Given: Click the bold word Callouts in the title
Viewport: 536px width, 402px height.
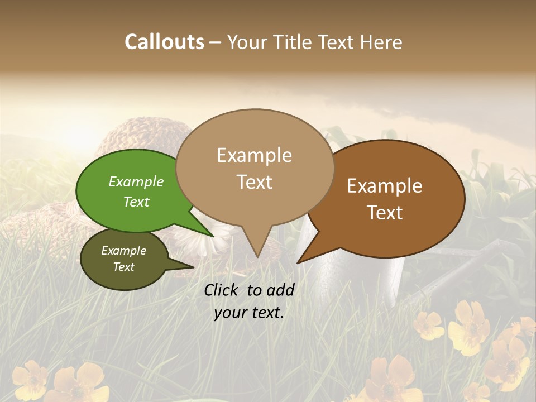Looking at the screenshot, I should (164, 42).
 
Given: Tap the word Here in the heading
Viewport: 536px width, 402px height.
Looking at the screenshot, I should (381, 42).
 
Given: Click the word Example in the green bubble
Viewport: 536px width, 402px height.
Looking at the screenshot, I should (136, 182).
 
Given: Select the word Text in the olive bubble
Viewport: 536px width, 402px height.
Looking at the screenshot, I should (123, 267).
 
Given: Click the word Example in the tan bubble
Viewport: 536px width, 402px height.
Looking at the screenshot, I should (254, 155).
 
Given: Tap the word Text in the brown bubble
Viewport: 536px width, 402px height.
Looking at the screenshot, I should (385, 213).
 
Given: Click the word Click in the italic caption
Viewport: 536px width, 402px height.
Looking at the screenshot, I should (222, 290).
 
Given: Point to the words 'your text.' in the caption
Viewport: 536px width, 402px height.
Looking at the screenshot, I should (248, 313).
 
